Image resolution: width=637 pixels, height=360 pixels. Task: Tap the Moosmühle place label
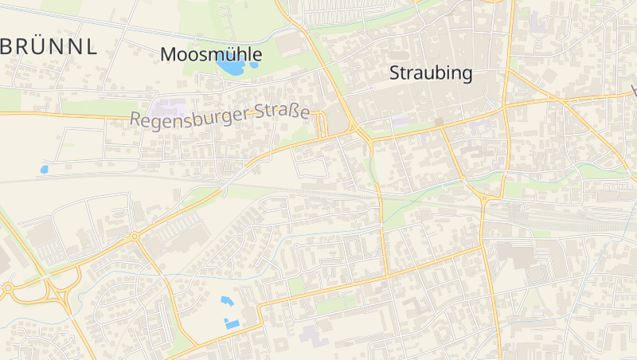211,54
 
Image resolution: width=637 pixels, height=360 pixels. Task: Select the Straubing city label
431,74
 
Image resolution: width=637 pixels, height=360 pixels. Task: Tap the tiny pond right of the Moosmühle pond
254,65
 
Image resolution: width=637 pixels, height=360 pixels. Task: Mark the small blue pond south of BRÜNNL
44,170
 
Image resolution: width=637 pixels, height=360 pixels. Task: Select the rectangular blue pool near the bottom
232,323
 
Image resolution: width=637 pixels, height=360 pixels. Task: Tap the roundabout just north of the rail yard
483,199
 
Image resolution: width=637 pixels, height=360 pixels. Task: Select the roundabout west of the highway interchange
8,288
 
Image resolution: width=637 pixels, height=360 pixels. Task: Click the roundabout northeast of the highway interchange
135,237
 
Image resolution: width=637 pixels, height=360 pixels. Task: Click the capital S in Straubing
395,74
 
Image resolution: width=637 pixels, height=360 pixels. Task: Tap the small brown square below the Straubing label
439,122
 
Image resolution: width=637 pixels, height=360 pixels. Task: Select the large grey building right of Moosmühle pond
290,44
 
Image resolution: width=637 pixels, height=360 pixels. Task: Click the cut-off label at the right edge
633,89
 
